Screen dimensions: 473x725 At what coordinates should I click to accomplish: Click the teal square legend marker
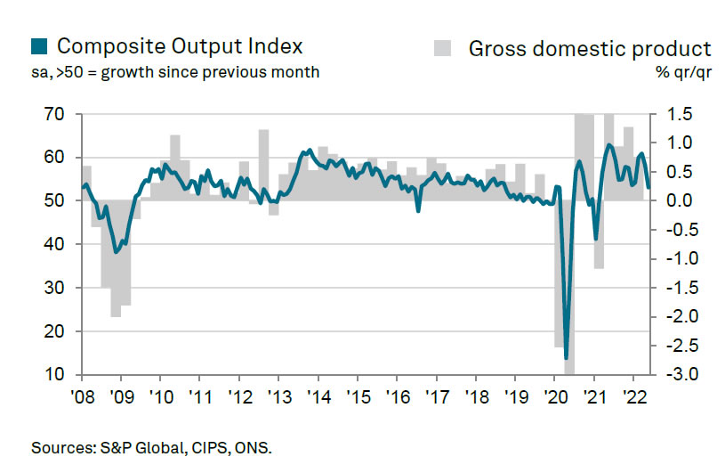point(39,45)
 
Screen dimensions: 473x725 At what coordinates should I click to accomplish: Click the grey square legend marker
point(443,47)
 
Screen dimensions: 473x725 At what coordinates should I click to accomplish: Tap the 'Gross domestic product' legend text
point(590,48)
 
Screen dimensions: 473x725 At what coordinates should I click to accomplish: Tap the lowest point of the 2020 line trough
point(567,358)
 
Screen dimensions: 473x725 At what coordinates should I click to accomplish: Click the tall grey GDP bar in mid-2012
point(263,166)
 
